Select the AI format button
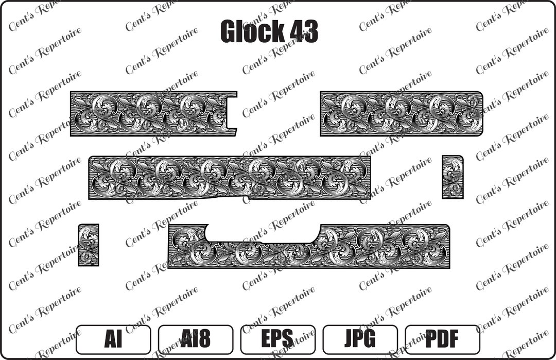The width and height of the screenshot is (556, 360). pyautogui.click(x=113, y=339)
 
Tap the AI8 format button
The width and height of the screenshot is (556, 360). pyautogui.click(x=195, y=339)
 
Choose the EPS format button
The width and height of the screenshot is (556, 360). pyautogui.click(x=277, y=339)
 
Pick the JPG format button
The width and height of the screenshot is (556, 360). pyautogui.click(x=360, y=339)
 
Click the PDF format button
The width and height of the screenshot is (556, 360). pyautogui.click(x=442, y=339)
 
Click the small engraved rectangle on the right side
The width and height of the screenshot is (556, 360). pyautogui.click(x=453, y=177)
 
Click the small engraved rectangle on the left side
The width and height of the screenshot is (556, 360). pyautogui.click(x=89, y=245)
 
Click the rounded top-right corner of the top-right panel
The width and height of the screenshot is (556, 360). pyautogui.click(x=479, y=95)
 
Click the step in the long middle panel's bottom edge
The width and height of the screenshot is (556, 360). pyautogui.click(x=249, y=195)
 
